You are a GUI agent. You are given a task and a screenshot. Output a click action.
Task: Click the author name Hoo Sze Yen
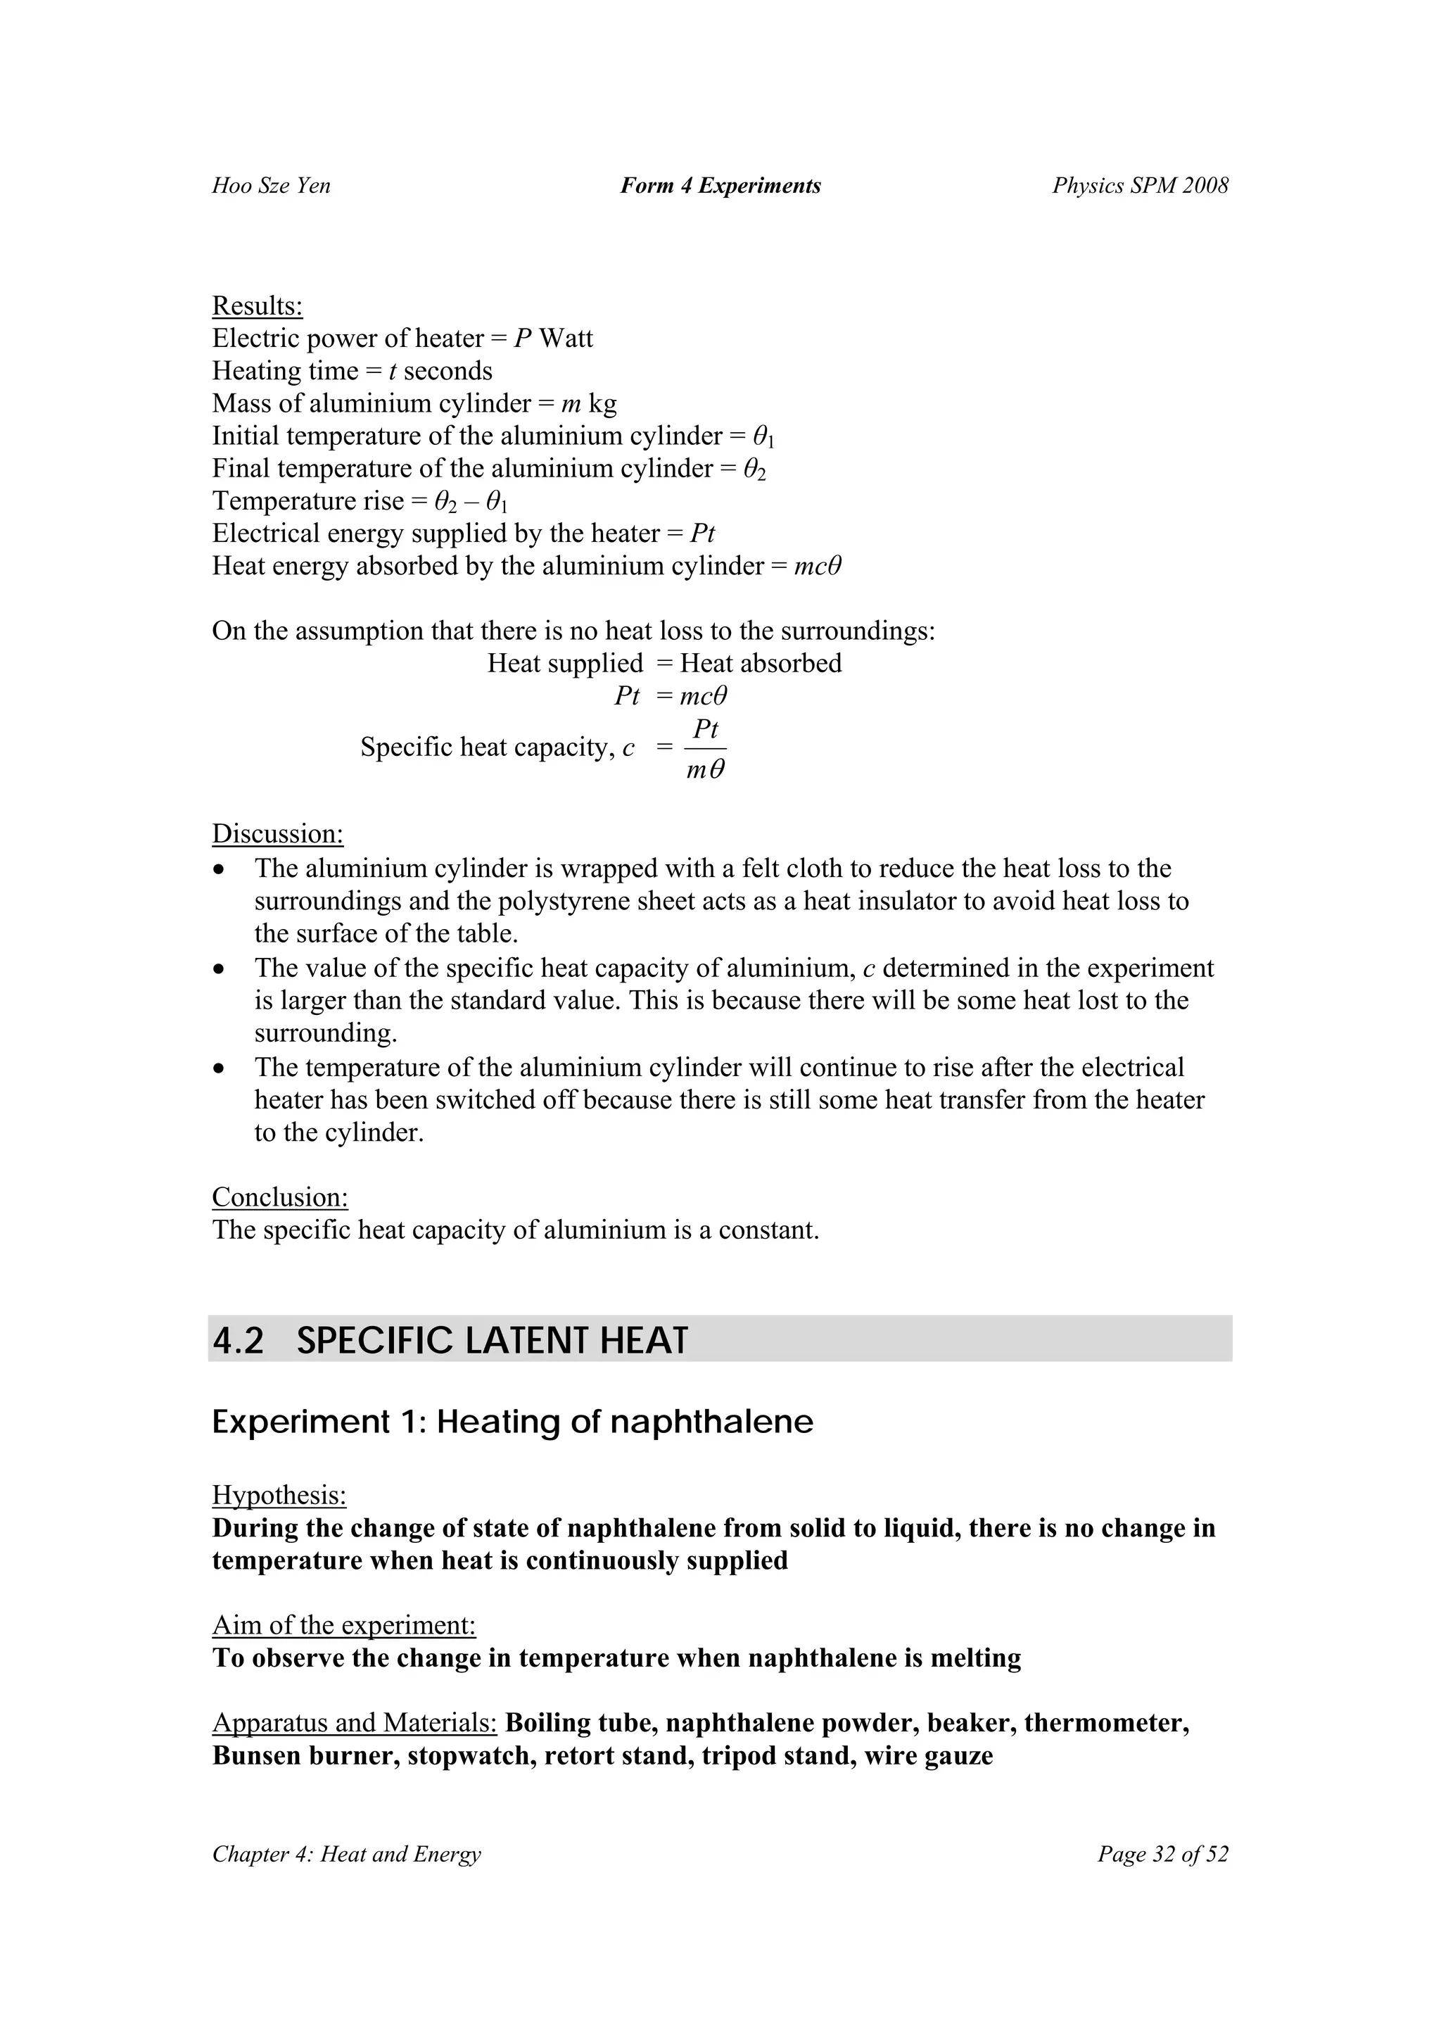271,186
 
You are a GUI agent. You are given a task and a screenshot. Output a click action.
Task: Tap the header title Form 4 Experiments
720,186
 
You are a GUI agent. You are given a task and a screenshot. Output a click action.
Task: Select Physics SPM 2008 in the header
1140,186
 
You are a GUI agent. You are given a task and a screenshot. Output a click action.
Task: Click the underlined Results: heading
258,306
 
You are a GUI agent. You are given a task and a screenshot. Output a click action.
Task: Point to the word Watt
566,339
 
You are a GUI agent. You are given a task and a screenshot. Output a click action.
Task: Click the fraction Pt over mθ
706,749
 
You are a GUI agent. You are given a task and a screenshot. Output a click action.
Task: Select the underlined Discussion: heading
278,834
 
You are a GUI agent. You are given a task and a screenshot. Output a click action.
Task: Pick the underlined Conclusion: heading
279,1197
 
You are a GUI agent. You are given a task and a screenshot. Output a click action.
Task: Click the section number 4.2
239,1341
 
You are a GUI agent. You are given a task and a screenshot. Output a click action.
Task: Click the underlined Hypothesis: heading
279,1496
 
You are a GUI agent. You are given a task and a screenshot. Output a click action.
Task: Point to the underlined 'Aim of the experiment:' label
343,1625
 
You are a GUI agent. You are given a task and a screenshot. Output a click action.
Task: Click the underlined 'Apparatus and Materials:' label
354,1723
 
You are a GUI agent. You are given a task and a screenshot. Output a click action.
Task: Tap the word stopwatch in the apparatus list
469,1755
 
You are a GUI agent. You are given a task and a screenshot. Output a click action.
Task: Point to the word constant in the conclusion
767,1230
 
